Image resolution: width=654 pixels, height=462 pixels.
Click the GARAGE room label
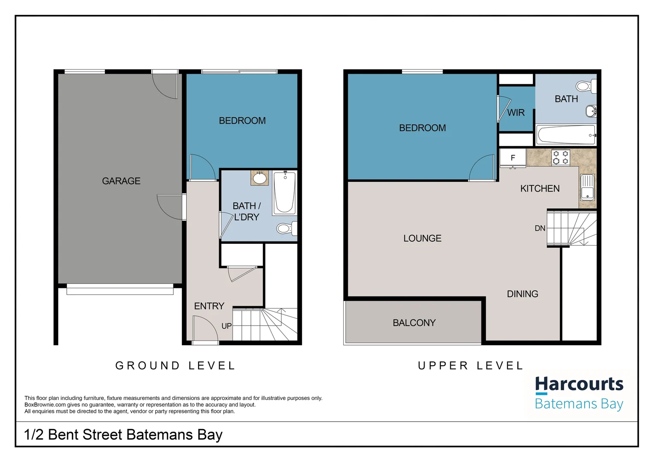click(121, 181)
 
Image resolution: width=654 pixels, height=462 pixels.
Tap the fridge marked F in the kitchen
click(513, 158)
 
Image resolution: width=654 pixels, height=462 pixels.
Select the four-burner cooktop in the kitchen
click(561, 157)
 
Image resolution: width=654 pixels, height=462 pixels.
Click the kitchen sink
click(587, 187)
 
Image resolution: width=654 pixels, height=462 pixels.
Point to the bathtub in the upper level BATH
click(566, 135)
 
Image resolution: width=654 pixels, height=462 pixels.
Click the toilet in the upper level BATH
click(584, 86)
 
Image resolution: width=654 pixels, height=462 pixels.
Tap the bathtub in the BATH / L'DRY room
click(284, 192)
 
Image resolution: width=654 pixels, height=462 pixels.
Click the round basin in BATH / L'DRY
click(259, 178)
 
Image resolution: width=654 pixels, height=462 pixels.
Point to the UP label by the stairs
click(226, 326)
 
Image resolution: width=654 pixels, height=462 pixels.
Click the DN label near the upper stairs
click(540, 228)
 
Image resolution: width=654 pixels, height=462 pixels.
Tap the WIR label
click(516, 113)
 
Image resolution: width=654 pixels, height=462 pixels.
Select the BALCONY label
click(414, 323)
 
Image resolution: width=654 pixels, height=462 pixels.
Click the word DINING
click(522, 294)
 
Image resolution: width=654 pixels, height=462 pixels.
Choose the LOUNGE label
click(422, 238)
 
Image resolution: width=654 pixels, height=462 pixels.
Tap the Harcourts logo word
click(579, 384)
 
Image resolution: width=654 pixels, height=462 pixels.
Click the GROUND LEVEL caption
click(175, 366)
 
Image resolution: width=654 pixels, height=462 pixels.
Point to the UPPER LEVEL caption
click(470, 366)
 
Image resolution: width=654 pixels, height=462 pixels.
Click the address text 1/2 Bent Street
click(123, 435)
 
